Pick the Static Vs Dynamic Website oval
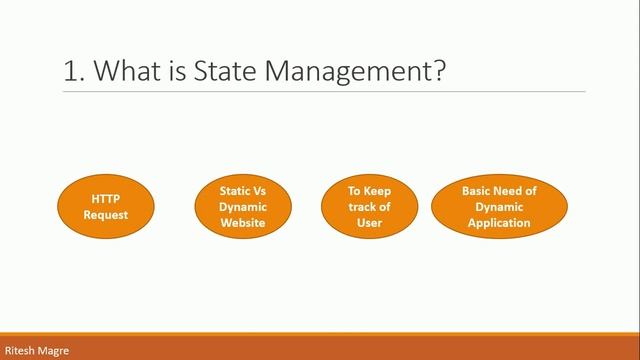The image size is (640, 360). pyautogui.click(x=243, y=206)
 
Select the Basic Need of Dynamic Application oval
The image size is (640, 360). pyautogui.click(x=499, y=206)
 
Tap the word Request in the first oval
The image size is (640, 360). pyautogui.click(x=106, y=215)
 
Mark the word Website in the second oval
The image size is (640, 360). pyautogui.click(x=243, y=223)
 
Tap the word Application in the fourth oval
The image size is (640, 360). pyautogui.click(x=499, y=223)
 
